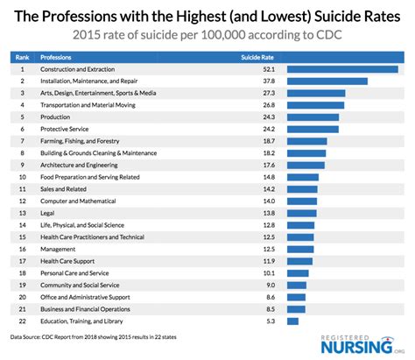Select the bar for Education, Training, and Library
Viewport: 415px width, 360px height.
point(292,321)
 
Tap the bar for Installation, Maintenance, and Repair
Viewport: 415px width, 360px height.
point(327,81)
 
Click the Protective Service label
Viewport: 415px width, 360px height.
point(67,129)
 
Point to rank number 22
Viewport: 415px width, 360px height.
point(21,321)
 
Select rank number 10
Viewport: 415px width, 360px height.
point(21,177)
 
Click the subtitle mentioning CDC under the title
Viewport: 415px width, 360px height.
point(207,34)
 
